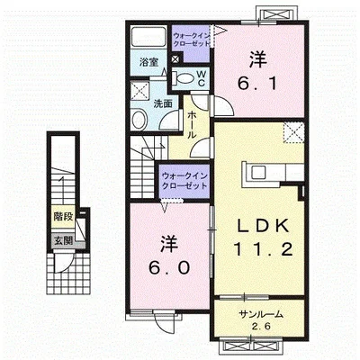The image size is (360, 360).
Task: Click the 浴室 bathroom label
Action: click(x=148, y=63)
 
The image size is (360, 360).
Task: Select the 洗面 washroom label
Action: click(x=162, y=103)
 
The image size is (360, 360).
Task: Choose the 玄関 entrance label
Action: click(x=62, y=240)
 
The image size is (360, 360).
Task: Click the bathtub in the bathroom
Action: click(x=149, y=39)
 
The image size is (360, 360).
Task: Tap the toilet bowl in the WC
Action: click(x=184, y=79)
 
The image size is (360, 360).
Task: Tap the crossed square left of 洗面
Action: click(x=139, y=90)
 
